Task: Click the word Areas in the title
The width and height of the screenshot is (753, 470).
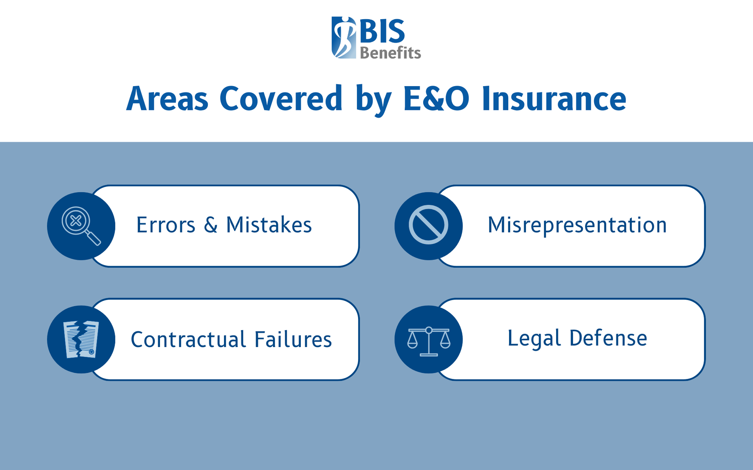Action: click(167, 99)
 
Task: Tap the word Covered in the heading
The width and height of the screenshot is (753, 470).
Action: click(281, 99)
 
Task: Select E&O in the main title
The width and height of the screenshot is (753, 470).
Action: click(436, 99)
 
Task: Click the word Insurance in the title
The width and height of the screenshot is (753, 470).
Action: click(554, 99)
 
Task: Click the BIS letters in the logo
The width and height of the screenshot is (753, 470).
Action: click(382, 31)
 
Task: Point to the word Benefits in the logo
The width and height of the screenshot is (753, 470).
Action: click(390, 53)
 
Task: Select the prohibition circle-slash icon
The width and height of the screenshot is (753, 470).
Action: click(428, 225)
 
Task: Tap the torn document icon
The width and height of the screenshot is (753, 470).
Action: click(81, 339)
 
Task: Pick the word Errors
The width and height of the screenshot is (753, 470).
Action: click(166, 225)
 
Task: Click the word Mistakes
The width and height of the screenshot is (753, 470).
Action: click(269, 225)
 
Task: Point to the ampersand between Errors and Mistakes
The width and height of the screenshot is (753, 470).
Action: click(211, 225)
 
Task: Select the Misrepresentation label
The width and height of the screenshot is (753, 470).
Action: click(577, 225)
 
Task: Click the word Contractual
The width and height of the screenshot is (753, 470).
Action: click(188, 339)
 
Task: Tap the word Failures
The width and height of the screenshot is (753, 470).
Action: click(293, 339)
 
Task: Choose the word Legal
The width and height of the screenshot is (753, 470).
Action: click(534, 338)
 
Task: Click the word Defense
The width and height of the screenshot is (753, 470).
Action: click(608, 338)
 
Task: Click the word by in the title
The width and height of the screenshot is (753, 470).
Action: click(373, 100)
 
